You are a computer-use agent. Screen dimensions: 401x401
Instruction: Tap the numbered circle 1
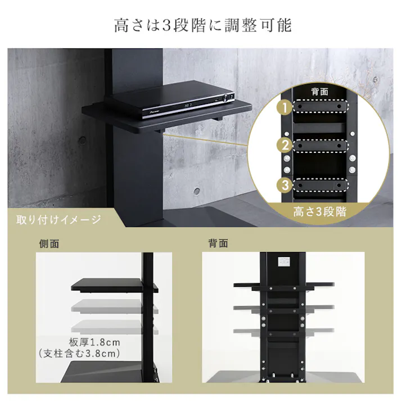286,106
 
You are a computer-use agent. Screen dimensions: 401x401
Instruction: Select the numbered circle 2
286,146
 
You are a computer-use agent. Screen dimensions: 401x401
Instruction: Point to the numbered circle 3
286,185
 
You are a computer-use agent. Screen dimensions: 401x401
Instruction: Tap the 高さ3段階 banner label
319,213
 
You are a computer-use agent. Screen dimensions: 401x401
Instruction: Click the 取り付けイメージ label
59,219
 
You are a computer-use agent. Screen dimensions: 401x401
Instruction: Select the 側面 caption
49,244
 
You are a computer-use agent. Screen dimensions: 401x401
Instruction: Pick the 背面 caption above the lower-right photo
218,244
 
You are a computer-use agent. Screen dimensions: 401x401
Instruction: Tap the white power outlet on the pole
283,262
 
